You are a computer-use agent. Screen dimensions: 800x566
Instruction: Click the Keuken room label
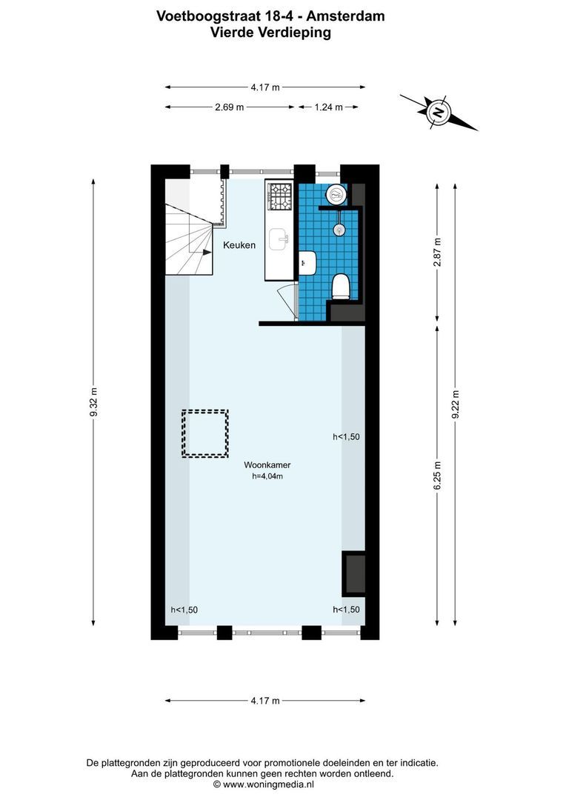click(x=241, y=245)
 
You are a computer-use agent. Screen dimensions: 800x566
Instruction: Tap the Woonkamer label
click(x=267, y=465)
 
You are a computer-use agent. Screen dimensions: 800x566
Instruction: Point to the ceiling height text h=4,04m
click(x=267, y=477)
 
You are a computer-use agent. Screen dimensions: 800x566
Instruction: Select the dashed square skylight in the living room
click(x=205, y=433)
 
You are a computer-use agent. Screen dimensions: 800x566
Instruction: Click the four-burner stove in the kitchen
click(x=281, y=196)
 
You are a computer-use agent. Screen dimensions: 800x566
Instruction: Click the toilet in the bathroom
click(x=341, y=285)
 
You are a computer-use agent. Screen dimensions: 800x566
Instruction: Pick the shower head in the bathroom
click(x=339, y=229)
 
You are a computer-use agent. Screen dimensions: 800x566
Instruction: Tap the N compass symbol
click(x=439, y=113)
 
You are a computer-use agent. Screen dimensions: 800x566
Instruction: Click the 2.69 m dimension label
click(x=229, y=107)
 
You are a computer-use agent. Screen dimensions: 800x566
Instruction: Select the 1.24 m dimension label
click(x=328, y=107)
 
